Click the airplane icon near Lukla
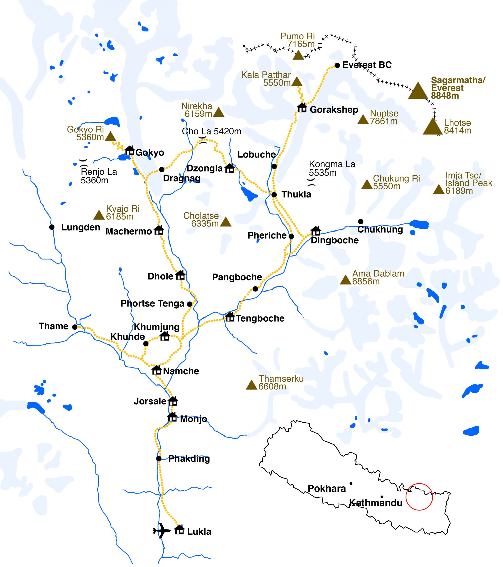click(x=161, y=530)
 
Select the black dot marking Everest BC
click(x=337, y=66)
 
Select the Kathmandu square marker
click(x=382, y=497)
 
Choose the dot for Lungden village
click(x=52, y=227)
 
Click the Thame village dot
click(x=75, y=327)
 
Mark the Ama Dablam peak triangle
click(x=346, y=280)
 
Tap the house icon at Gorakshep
click(x=302, y=108)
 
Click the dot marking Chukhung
click(x=361, y=221)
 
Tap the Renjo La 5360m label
click(x=99, y=176)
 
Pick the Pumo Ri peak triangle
click(x=299, y=55)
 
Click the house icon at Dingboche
click(x=315, y=231)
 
